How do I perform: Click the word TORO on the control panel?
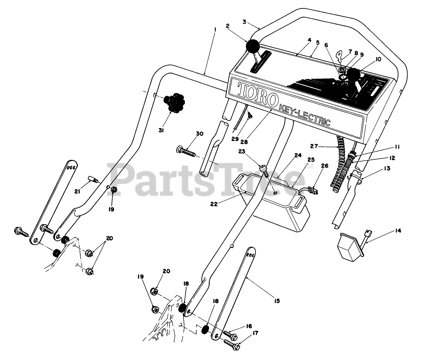[x=258, y=94]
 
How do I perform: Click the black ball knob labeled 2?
[x=253, y=46]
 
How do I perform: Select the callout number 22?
[x=214, y=204]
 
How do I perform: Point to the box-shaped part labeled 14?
[x=348, y=248]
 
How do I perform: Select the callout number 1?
[x=214, y=29]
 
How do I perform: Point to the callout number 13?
[x=387, y=168]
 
